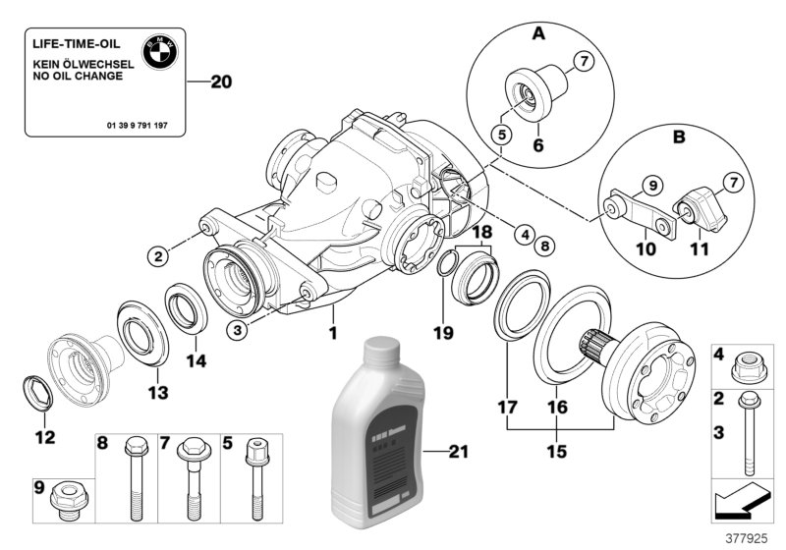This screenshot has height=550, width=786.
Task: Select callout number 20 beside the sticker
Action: tap(221, 83)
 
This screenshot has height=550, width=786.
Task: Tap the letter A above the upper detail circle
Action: tap(537, 33)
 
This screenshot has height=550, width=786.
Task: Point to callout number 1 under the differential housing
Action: tap(332, 334)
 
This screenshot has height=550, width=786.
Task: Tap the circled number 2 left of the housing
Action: tap(157, 257)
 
